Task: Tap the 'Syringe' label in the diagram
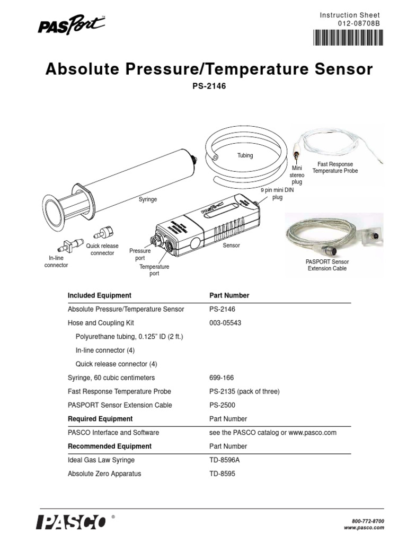point(147,199)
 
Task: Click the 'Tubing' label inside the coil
point(244,155)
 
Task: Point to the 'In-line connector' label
point(56,261)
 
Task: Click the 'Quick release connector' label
point(102,250)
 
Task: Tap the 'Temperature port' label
point(154,270)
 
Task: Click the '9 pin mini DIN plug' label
point(277,194)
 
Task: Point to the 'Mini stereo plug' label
point(296,175)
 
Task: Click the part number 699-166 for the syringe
point(223,378)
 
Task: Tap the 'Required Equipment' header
point(100,419)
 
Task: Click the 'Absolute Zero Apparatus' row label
point(104,474)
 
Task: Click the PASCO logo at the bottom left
point(70,522)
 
